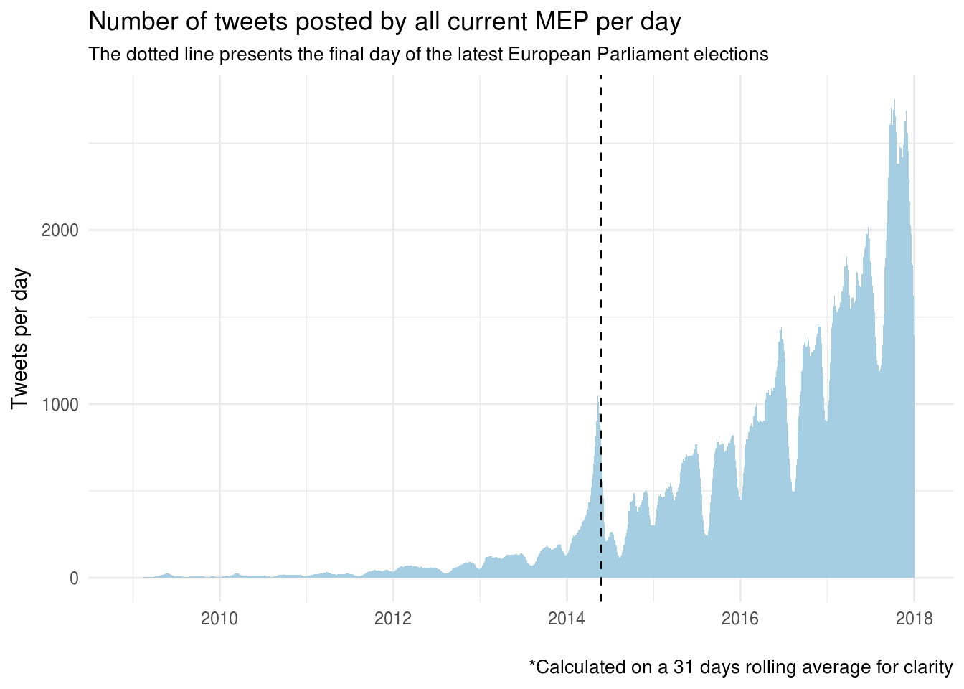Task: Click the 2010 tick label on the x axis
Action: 219,618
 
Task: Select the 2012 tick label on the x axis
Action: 393,618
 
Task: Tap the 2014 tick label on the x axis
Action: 567,618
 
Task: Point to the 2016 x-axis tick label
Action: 740,618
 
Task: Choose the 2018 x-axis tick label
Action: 914,618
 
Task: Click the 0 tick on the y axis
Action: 74,578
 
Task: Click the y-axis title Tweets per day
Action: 20,338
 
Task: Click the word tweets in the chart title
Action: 241,22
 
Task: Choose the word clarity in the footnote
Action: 930,667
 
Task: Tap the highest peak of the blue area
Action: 894,100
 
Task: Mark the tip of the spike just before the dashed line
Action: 597,397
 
